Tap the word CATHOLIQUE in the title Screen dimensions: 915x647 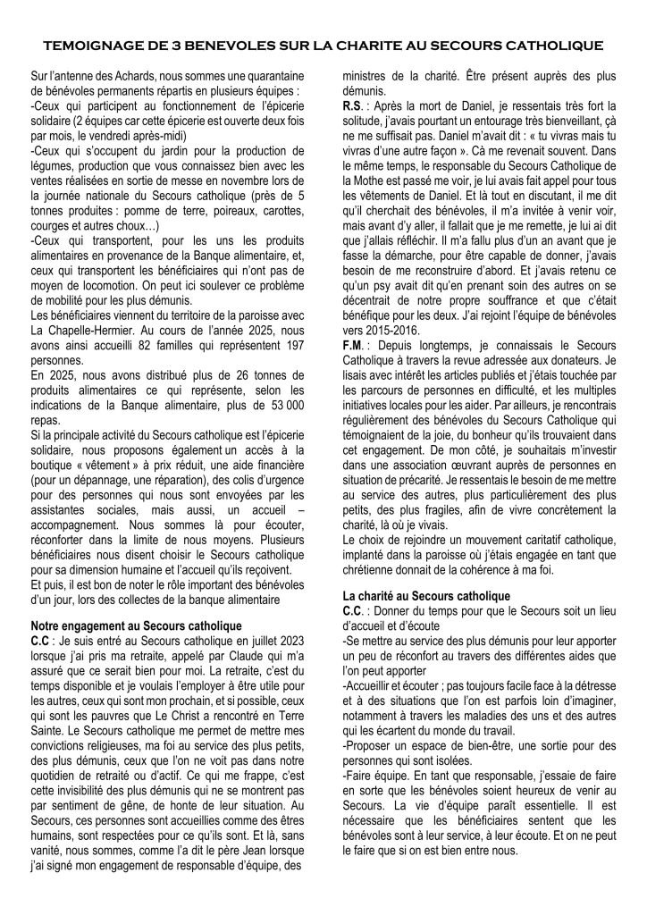coord(550,42)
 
